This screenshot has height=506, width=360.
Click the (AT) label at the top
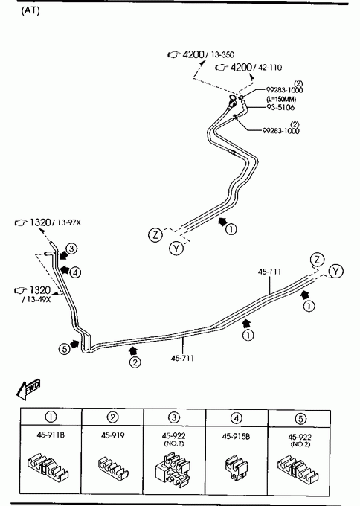(30, 10)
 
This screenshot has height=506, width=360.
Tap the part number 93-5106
(280, 107)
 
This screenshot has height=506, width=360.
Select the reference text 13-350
(222, 54)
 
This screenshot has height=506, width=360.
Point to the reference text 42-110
(270, 68)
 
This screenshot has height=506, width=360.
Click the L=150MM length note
(281, 99)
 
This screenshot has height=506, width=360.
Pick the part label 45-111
(269, 272)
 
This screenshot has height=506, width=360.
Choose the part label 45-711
(182, 358)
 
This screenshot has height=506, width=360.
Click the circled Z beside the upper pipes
(155, 234)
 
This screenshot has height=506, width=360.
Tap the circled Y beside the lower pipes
(335, 272)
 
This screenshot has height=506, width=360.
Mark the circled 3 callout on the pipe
(71, 249)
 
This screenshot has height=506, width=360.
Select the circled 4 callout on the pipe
(75, 273)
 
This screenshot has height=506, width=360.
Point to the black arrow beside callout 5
(75, 344)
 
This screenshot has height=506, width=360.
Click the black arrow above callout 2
(132, 350)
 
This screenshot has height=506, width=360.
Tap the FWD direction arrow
(28, 389)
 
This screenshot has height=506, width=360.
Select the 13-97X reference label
(69, 222)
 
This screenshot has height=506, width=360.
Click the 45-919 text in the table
(112, 435)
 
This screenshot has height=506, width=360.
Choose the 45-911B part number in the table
(51, 435)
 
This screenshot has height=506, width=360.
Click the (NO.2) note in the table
(300, 444)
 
